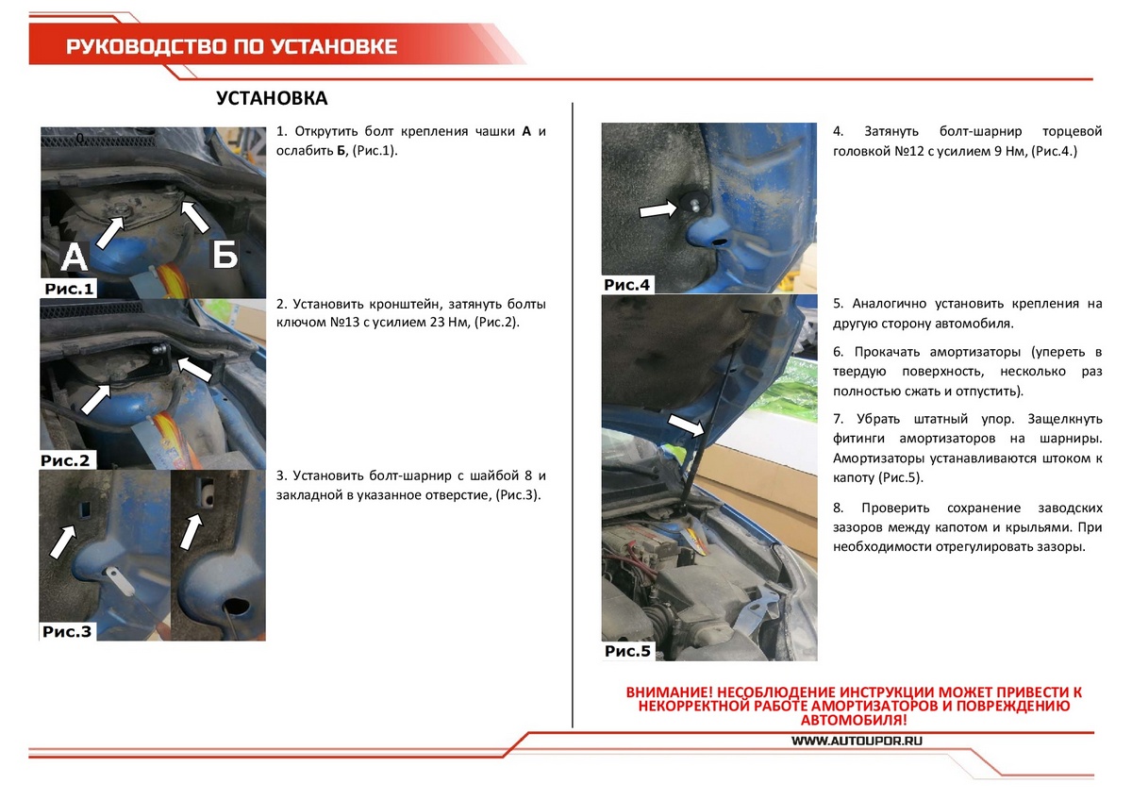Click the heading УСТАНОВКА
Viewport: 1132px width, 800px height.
tap(272, 99)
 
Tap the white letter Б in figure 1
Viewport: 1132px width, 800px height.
tap(225, 254)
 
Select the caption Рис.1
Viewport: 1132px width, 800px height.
tap(69, 289)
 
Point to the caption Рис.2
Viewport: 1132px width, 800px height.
tap(69, 461)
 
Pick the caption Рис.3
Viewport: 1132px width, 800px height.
tap(67, 632)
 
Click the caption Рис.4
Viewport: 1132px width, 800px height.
tap(627, 284)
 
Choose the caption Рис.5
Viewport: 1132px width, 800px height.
tap(628, 651)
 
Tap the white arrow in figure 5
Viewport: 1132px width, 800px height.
tap(686, 425)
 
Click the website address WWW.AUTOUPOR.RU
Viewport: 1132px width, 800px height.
tap(856, 741)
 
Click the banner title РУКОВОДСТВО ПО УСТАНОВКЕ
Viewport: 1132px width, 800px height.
tap(232, 47)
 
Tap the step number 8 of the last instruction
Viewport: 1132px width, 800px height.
tap(838, 508)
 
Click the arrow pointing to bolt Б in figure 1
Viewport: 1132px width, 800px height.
tap(194, 216)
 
